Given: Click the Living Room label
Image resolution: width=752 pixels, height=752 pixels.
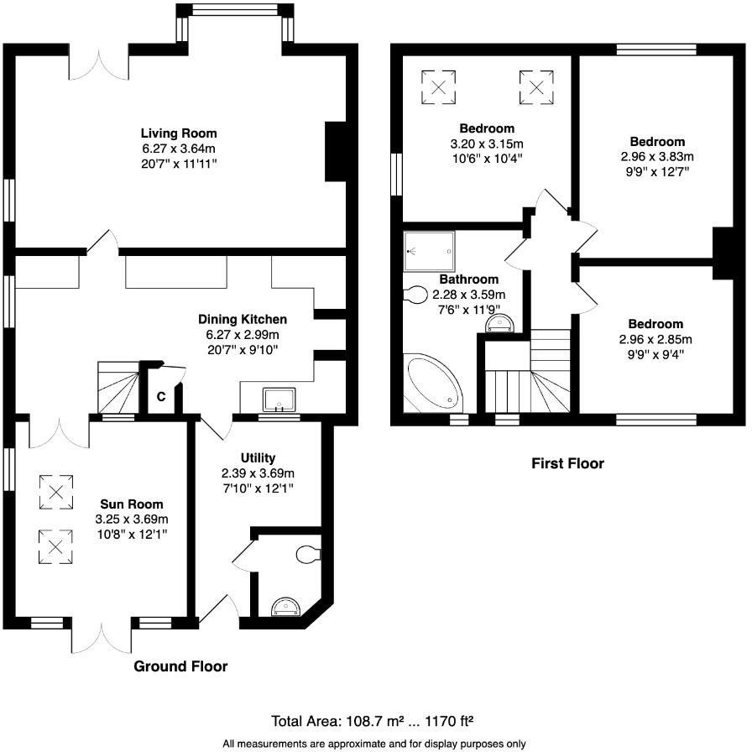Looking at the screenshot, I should (x=179, y=133).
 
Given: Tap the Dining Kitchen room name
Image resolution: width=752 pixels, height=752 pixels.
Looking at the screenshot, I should (x=243, y=319).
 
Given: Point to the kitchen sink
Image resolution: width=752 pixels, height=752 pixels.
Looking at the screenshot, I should (x=276, y=398).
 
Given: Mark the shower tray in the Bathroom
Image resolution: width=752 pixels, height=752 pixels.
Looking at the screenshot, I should (x=429, y=250).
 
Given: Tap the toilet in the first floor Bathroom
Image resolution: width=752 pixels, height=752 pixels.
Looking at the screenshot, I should (x=416, y=295).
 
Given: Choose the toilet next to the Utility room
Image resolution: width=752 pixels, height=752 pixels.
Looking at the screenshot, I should (x=308, y=553).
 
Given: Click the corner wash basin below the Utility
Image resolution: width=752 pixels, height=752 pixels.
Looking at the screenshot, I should (x=285, y=606).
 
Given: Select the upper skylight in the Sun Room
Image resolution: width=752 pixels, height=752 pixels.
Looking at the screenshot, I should (x=55, y=493).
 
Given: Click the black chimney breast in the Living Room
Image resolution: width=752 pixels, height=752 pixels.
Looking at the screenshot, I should (x=336, y=151).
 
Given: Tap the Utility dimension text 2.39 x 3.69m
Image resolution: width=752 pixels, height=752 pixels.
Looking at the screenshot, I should (x=258, y=473).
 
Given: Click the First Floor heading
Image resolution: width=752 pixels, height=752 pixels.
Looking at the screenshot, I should (x=567, y=463).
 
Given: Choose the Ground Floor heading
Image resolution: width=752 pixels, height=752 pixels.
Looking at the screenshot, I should (x=180, y=666).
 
